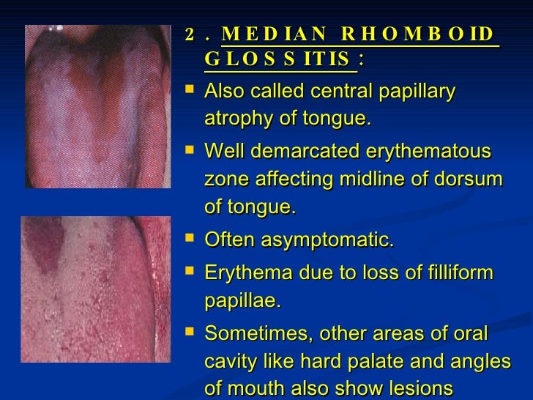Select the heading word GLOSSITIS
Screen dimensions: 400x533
point(280,59)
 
